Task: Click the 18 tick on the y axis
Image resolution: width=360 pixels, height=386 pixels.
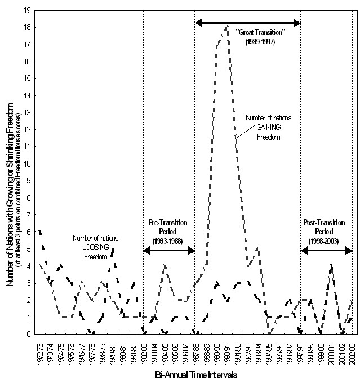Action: pos(28,26)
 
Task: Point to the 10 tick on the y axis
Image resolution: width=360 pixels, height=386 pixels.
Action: pos(28,163)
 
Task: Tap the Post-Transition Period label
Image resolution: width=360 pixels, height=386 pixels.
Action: pos(327,231)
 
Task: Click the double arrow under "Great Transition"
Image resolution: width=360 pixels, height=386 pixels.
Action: pos(248,23)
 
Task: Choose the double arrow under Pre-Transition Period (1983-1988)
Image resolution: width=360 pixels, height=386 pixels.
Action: pos(169,250)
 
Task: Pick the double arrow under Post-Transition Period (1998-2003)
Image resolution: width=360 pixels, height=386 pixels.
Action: pos(327,250)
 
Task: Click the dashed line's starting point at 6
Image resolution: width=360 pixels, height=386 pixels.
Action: pos(40,231)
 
